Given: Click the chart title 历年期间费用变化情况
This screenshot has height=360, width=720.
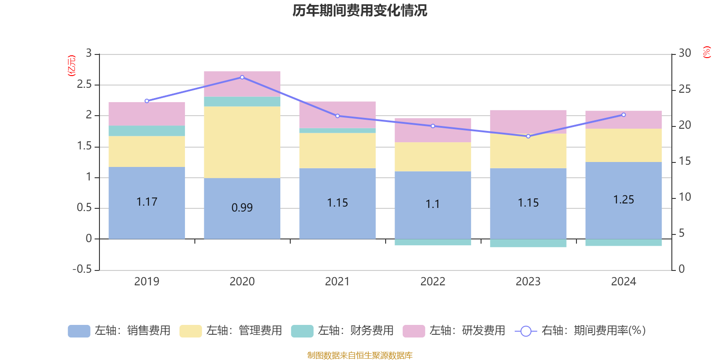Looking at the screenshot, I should point(360,10).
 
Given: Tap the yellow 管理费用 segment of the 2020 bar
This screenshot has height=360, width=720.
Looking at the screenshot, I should point(242,142).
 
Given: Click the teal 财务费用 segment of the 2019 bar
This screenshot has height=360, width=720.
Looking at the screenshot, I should point(147,130).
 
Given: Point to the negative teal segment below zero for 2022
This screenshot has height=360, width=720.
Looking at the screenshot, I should point(433,243).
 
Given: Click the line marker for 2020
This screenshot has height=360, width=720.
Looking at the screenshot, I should point(242,77).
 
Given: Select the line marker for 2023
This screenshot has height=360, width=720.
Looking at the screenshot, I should point(528,136).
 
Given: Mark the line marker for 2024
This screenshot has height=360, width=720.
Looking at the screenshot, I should point(624,115).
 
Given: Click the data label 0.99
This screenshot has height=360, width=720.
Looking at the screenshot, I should point(242,207).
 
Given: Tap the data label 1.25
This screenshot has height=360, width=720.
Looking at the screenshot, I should point(624,199).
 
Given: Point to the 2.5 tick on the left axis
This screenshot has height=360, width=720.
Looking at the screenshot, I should point(85,85).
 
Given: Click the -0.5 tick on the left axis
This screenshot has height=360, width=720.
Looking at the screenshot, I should point(82,269).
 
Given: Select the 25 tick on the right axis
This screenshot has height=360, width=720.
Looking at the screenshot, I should point(684,89).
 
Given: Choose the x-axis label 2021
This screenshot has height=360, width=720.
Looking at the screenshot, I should point(337,281).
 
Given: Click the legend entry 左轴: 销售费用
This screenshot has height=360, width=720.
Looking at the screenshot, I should point(119,331).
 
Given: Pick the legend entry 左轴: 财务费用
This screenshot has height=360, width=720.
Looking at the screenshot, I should point(342,331).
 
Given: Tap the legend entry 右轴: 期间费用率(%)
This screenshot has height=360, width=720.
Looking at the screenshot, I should point(580,331).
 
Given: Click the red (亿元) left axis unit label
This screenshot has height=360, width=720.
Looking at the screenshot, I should point(71,66).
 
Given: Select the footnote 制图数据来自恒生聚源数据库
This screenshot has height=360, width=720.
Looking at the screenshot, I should point(360,355).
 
